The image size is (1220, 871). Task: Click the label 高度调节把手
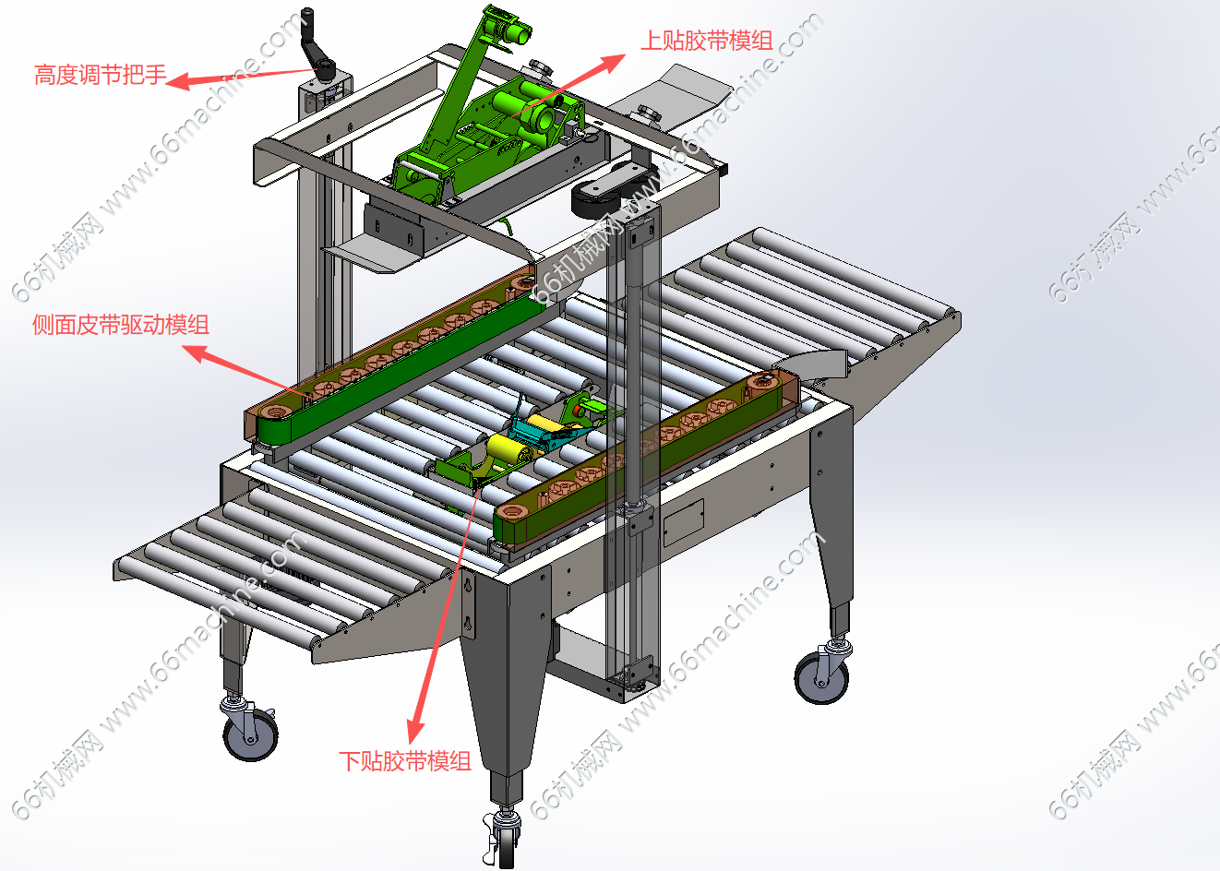(x=101, y=75)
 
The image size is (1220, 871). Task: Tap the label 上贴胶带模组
(x=706, y=41)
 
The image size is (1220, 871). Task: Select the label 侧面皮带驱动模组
(x=121, y=325)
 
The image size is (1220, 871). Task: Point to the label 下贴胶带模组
(x=405, y=761)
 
